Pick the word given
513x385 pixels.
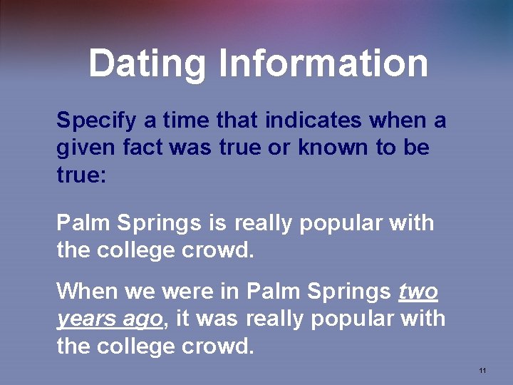coord(83,148)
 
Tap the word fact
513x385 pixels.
coord(139,148)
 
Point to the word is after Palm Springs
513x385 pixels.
coord(217,223)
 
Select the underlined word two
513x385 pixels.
coord(418,291)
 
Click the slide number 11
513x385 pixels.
coord(482,371)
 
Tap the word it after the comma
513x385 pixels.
coord(182,319)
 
